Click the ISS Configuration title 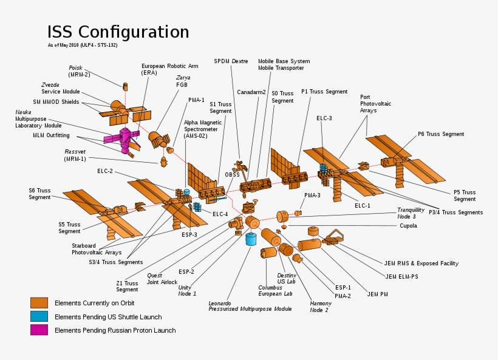(118, 32)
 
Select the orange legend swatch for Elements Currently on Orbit (39, 302)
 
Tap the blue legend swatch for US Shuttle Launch (39, 316)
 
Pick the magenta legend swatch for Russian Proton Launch (39, 330)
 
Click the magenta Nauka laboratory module (124, 139)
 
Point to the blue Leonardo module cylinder (250, 238)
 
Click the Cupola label (408, 226)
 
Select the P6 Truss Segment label (440, 134)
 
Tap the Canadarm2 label (251, 92)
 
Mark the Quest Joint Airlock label (162, 279)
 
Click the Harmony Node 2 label (321, 307)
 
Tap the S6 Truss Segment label (39, 194)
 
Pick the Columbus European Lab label (275, 291)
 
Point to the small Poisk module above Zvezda (126, 87)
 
